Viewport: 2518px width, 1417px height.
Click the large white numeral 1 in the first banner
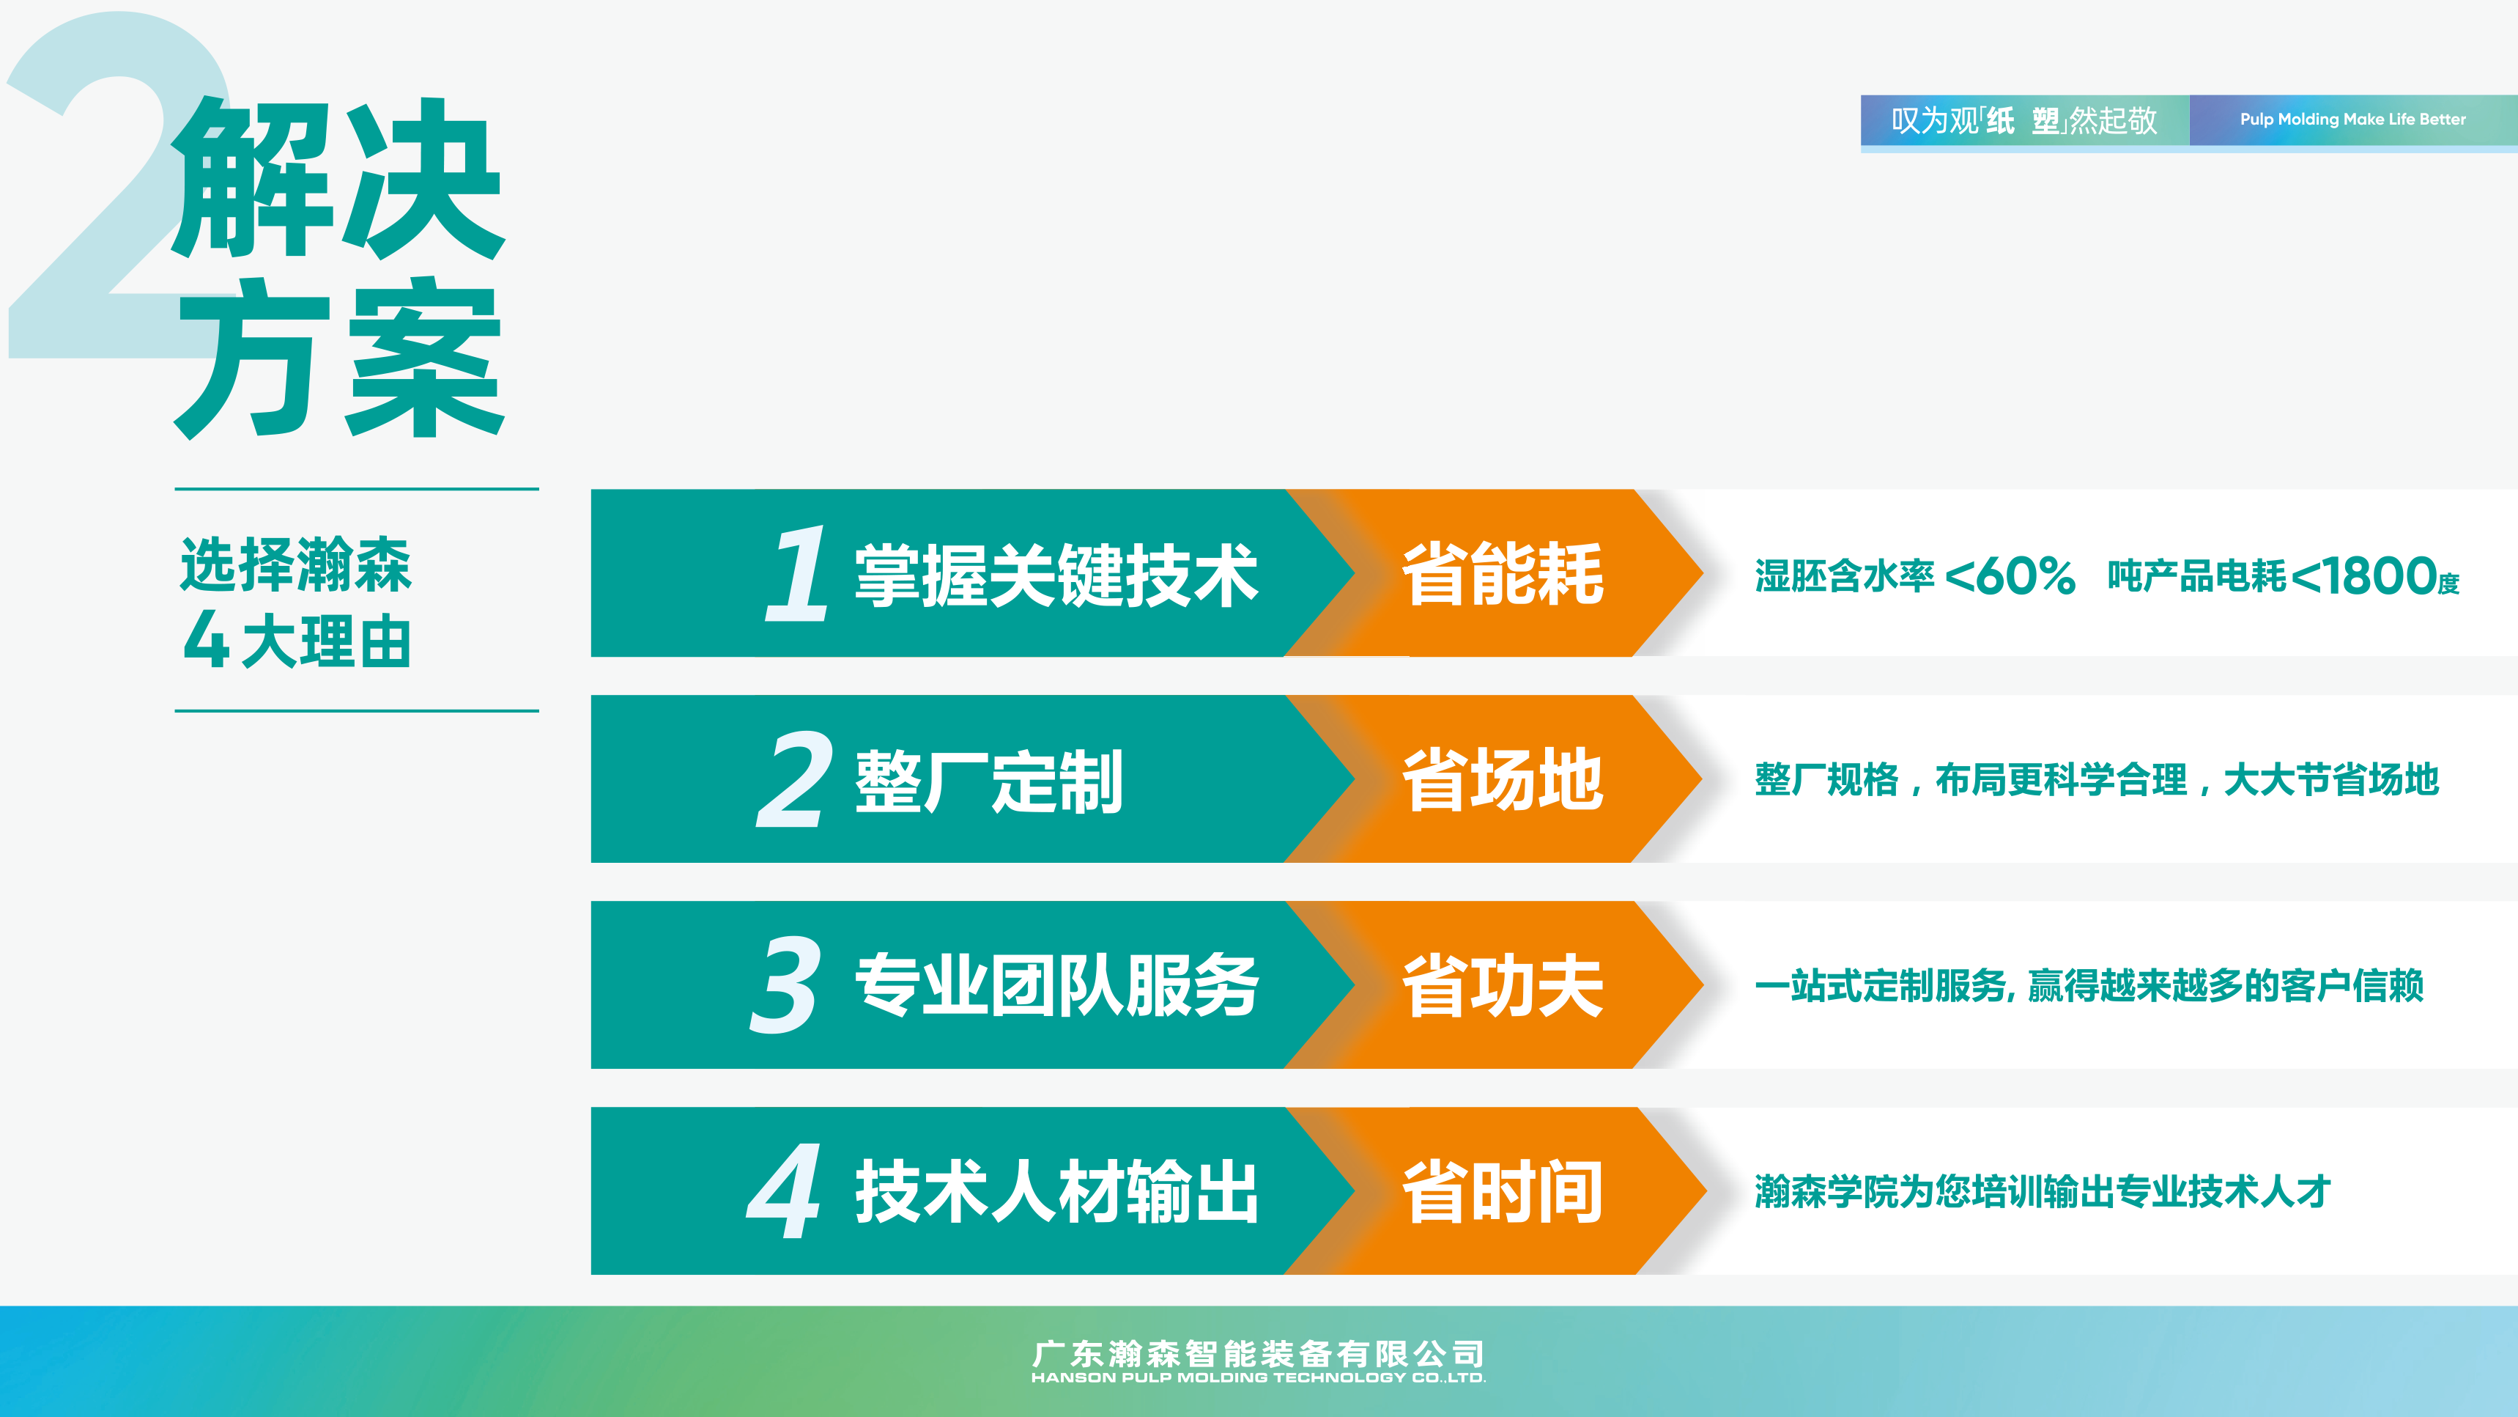point(796,573)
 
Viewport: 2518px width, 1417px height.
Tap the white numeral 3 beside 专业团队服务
point(785,984)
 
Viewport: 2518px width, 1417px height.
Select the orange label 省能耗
point(1503,573)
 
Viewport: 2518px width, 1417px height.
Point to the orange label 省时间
point(1503,1191)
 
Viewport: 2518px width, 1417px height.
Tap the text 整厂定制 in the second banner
point(989,781)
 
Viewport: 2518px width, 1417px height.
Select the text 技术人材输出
point(1056,1191)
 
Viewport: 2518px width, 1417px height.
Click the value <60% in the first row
point(2010,576)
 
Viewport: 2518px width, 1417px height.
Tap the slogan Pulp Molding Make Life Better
point(2353,119)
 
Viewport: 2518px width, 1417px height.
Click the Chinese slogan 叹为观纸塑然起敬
point(2023,120)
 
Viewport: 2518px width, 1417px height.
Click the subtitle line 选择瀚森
point(295,564)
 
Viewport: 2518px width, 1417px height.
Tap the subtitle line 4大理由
point(296,641)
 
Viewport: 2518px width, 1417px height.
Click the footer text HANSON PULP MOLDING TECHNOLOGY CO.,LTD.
point(1258,1378)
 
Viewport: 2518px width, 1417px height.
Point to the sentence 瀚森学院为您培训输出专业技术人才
point(2043,1191)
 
